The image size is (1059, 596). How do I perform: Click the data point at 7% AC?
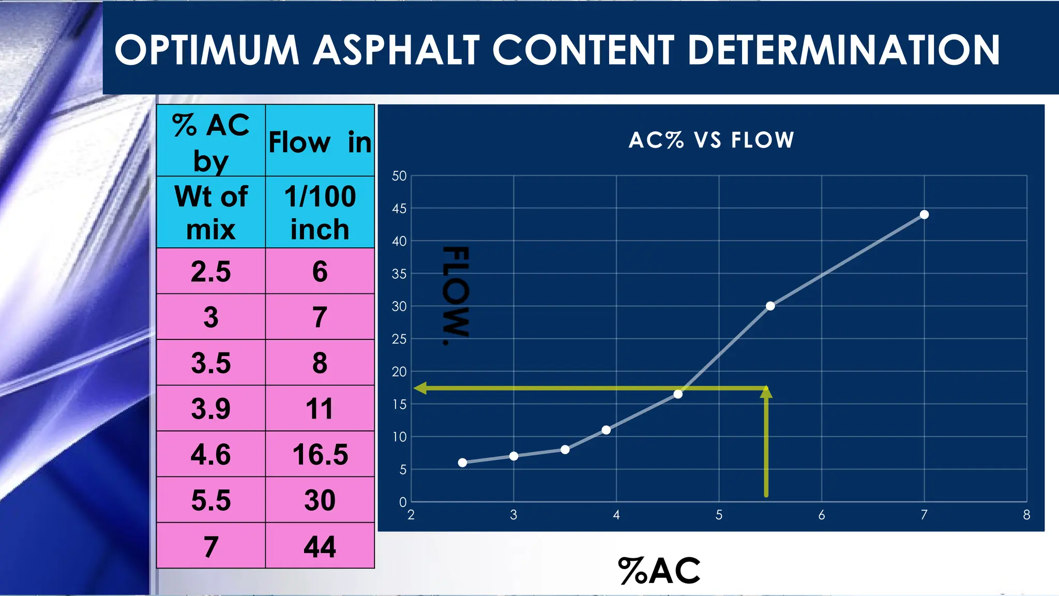click(x=924, y=215)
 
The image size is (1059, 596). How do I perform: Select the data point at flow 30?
click(x=770, y=306)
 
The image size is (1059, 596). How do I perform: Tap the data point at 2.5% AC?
click(x=462, y=463)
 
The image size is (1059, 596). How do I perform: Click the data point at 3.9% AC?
click(x=606, y=430)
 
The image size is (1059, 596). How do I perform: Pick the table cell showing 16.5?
click(x=320, y=454)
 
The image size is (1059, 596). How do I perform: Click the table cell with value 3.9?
click(x=210, y=408)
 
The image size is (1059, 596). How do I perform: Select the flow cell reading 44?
click(x=320, y=546)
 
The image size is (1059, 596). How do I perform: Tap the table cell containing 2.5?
click(x=210, y=271)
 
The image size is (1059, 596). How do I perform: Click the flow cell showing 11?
click(x=320, y=408)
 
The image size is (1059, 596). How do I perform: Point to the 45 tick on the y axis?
click(x=399, y=208)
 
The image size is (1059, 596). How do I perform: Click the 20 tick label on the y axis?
click(x=399, y=371)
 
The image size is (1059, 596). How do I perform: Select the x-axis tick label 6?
click(x=821, y=515)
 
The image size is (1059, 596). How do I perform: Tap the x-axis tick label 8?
click(x=1026, y=515)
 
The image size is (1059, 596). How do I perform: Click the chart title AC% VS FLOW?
click(x=711, y=140)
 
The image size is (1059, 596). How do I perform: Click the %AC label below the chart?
click(x=659, y=571)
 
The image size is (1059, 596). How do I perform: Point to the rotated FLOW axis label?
click(x=456, y=295)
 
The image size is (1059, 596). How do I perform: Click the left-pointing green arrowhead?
click(x=420, y=388)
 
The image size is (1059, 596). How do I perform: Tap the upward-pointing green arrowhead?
click(x=766, y=392)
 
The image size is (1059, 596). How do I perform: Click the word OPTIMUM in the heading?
click(x=207, y=50)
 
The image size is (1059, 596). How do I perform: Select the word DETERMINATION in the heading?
click(x=844, y=50)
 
